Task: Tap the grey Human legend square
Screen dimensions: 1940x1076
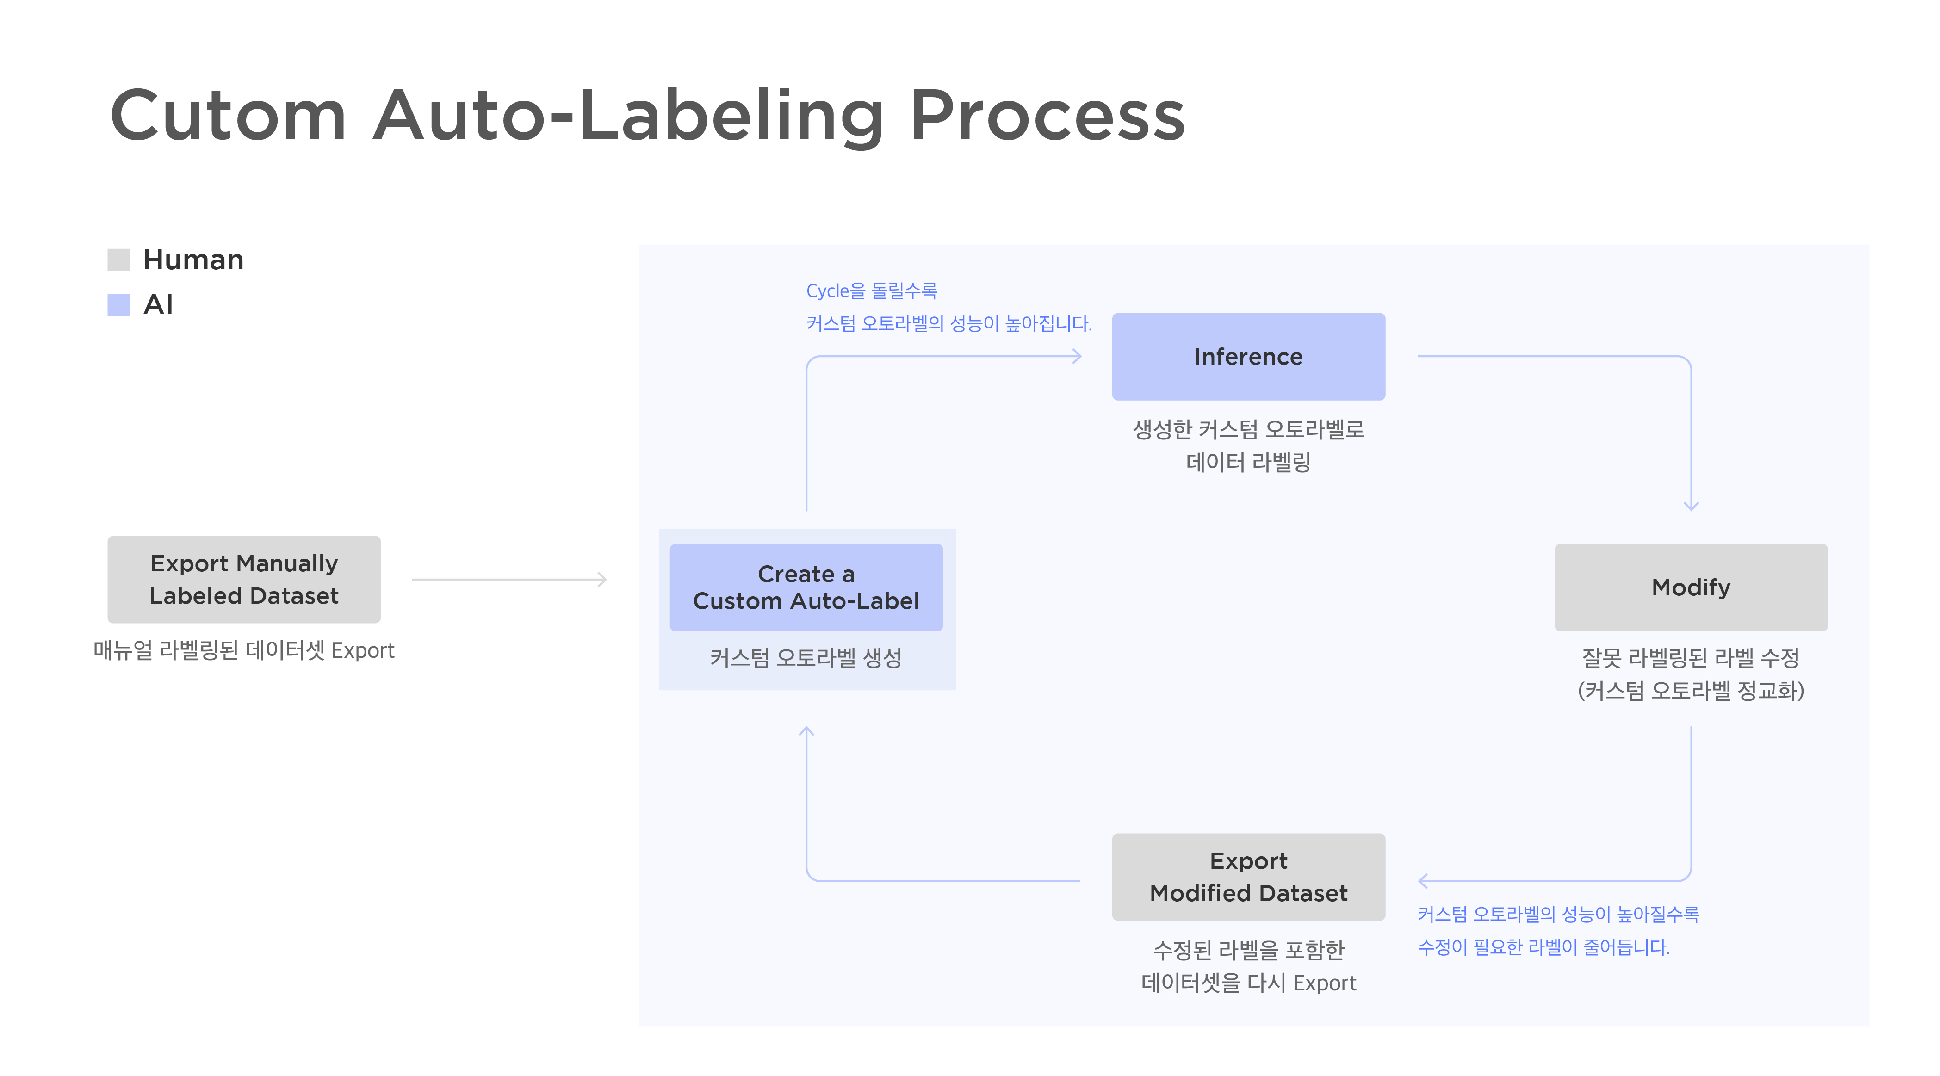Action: click(x=118, y=260)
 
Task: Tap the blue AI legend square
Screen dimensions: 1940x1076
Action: click(x=118, y=305)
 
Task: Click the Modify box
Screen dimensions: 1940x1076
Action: click(x=1691, y=587)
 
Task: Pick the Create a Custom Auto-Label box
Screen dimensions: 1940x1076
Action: click(x=806, y=587)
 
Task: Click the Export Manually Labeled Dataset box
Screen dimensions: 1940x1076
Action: click(x=244, y=579)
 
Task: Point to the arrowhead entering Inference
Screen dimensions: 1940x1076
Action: click(x=1078, y=356)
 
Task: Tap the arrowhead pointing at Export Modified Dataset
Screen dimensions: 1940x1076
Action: click(x=1423, y=881)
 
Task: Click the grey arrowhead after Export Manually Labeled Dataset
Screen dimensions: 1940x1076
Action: click(x=602, y=579)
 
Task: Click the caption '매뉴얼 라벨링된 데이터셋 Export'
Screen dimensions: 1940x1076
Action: click(x=244, y=650)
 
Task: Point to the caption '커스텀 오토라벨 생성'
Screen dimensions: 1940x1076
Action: click(x=806, y=658)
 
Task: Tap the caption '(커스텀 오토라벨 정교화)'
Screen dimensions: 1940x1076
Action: click(x=1691, y=691)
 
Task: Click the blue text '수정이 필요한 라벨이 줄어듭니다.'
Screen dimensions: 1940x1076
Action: click(x=1544, y=947)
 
